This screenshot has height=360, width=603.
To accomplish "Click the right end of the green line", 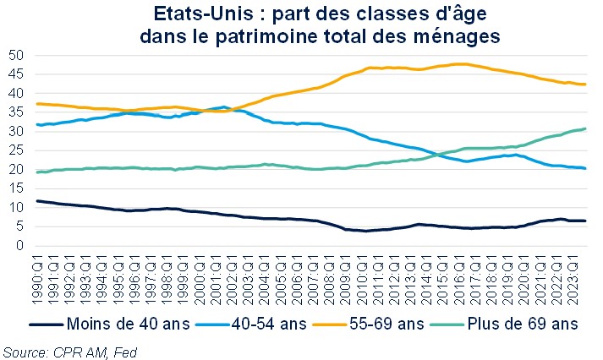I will (x=586, y=128).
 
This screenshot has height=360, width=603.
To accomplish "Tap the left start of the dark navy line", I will (x=36, y=201).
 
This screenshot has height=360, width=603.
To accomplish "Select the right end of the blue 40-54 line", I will (x=586, y=168).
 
